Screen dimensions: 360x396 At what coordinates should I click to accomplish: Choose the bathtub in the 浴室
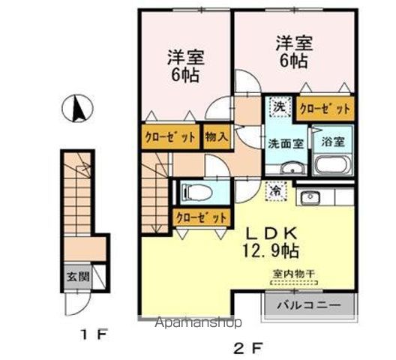click(x=333, y=166)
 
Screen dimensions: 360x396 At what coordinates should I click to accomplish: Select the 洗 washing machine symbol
click(x=278, y=107)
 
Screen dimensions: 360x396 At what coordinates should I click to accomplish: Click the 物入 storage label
click(x=217, y=138)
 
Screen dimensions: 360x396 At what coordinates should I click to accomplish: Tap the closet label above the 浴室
click(x=325, y=109)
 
